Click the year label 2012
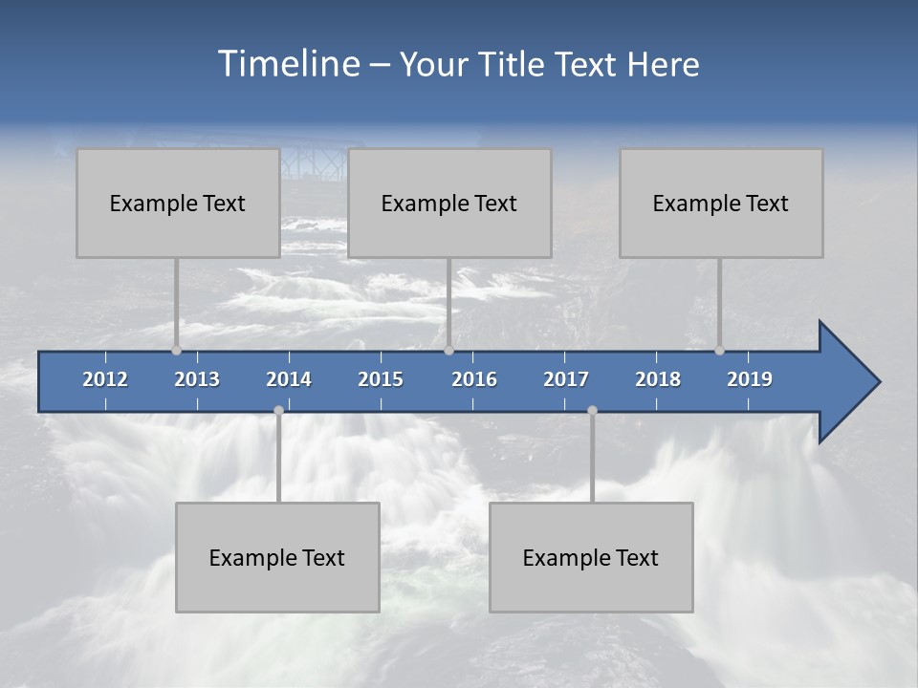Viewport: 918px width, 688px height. coord(105,379)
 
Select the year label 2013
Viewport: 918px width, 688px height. coord(197,379)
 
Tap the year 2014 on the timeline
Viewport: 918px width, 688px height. coord(289,379)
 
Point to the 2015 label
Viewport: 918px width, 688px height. coord(381,379)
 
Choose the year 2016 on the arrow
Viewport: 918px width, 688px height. coord(474,379)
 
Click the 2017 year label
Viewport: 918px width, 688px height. coord(566,379)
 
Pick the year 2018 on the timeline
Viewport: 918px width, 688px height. coord(658,379)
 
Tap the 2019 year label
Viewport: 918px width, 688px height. coord(750,379)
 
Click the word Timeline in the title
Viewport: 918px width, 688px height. coord(288,64)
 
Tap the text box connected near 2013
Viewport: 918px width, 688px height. coord(178,203)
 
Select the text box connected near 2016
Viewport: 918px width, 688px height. coord(449,203)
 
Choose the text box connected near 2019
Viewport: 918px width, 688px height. coord(721,203)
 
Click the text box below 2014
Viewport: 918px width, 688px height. coord(277,557)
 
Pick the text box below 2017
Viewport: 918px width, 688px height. coord(591,557)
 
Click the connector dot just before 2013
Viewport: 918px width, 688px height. coord(176,350)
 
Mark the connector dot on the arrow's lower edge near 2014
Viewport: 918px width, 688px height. coord(278,410)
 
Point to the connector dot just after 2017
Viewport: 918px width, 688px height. coord(592,410)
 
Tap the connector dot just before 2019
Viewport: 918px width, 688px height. coord(719,350)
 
